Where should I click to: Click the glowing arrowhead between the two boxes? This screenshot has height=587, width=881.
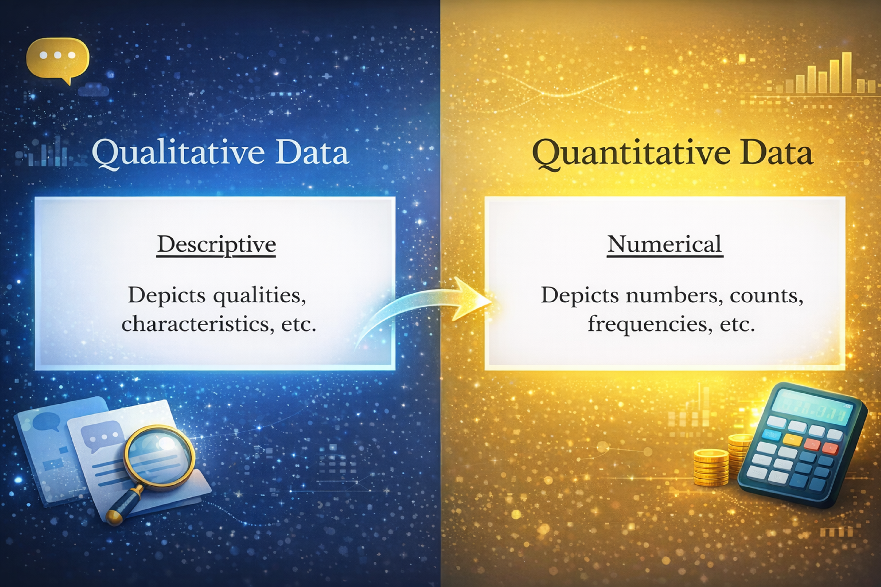[470, 299]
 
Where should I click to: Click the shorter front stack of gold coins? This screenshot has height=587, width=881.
[711, 468]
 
